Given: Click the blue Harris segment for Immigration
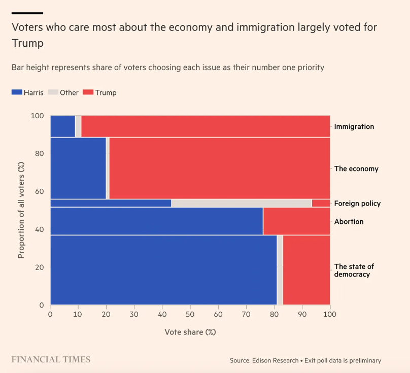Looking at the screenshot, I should pyautogui.click(x=62, y=126).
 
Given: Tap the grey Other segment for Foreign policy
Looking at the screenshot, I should pyautogui.click(x=241, y=203).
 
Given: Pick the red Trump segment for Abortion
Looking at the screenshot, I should pyautogui.click(x=296, y=221).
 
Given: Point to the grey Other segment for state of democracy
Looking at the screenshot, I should pyautogui.click(x=280, y=270).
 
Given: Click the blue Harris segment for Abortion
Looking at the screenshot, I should pyautogui.click(x=156, y=221).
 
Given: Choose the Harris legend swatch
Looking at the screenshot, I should pyautogui.click(x=17, y=92).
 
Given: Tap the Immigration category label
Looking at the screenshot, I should pyautogui.click(x=354, y=126).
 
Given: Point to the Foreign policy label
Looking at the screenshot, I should pyautogui.click(x=357, y=204).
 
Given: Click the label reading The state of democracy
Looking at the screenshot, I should pyautogui.click(x=354, y=270).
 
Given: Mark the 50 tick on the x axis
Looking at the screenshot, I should pyautogui.click(x=190, y=315).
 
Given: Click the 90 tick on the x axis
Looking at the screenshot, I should pyautogui.click(x=302, y=315).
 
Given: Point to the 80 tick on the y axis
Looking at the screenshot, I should pyautogui.click(x=40, y=154).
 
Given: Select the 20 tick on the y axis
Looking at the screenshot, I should pyautogui.click(x=40, y=267).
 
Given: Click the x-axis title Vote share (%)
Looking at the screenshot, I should pyautogui.click(x=190, y=332).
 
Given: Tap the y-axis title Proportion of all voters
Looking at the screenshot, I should pyautogui.click(x=21, y=211).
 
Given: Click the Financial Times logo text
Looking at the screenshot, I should pyautogui.click(x=51, y=360).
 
